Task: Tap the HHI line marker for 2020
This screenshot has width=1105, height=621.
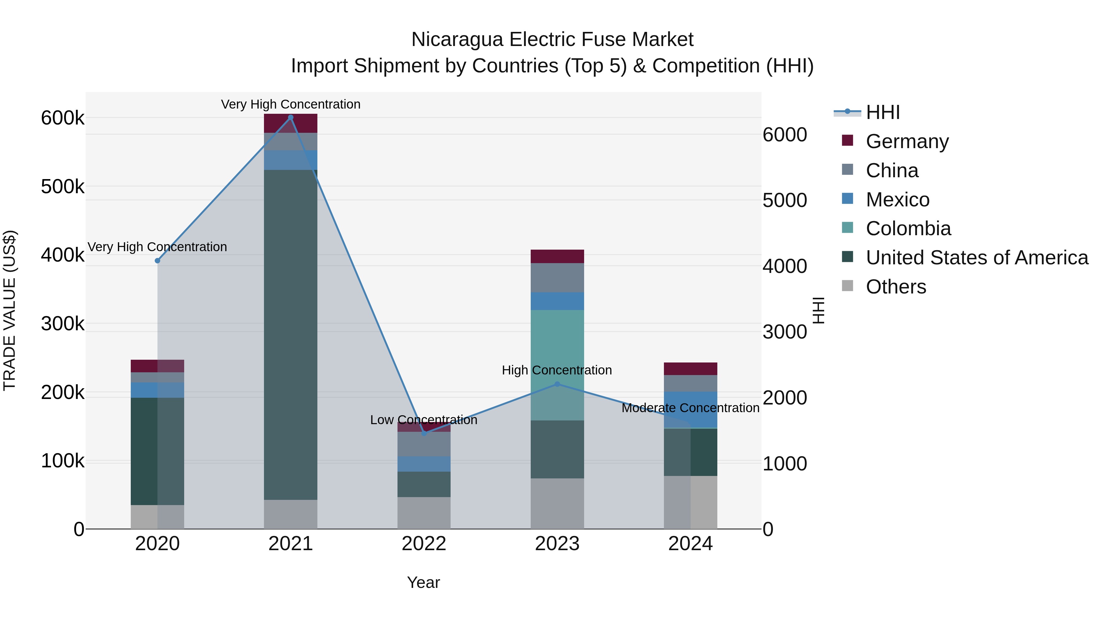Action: [x=157, y=261]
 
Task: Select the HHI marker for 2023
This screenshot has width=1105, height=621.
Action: [x=557, y=384]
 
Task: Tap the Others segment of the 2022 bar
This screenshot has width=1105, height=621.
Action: [x=424, y=512]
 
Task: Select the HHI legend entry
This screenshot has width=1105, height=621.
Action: [x=882, y=112]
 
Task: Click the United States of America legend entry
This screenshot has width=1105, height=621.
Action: [x=976, y=258]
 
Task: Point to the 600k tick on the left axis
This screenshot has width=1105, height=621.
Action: [x=63, y=118]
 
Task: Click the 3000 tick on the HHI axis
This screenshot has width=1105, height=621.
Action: [x=785, y=332]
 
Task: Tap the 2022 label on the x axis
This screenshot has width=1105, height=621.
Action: [x=424, y=544]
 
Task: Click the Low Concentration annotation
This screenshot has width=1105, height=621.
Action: [x=424, y=420]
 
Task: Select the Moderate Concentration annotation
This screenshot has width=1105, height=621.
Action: [x=691, y=408]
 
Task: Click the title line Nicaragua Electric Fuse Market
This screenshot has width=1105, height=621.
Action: [x=552, y=40]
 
